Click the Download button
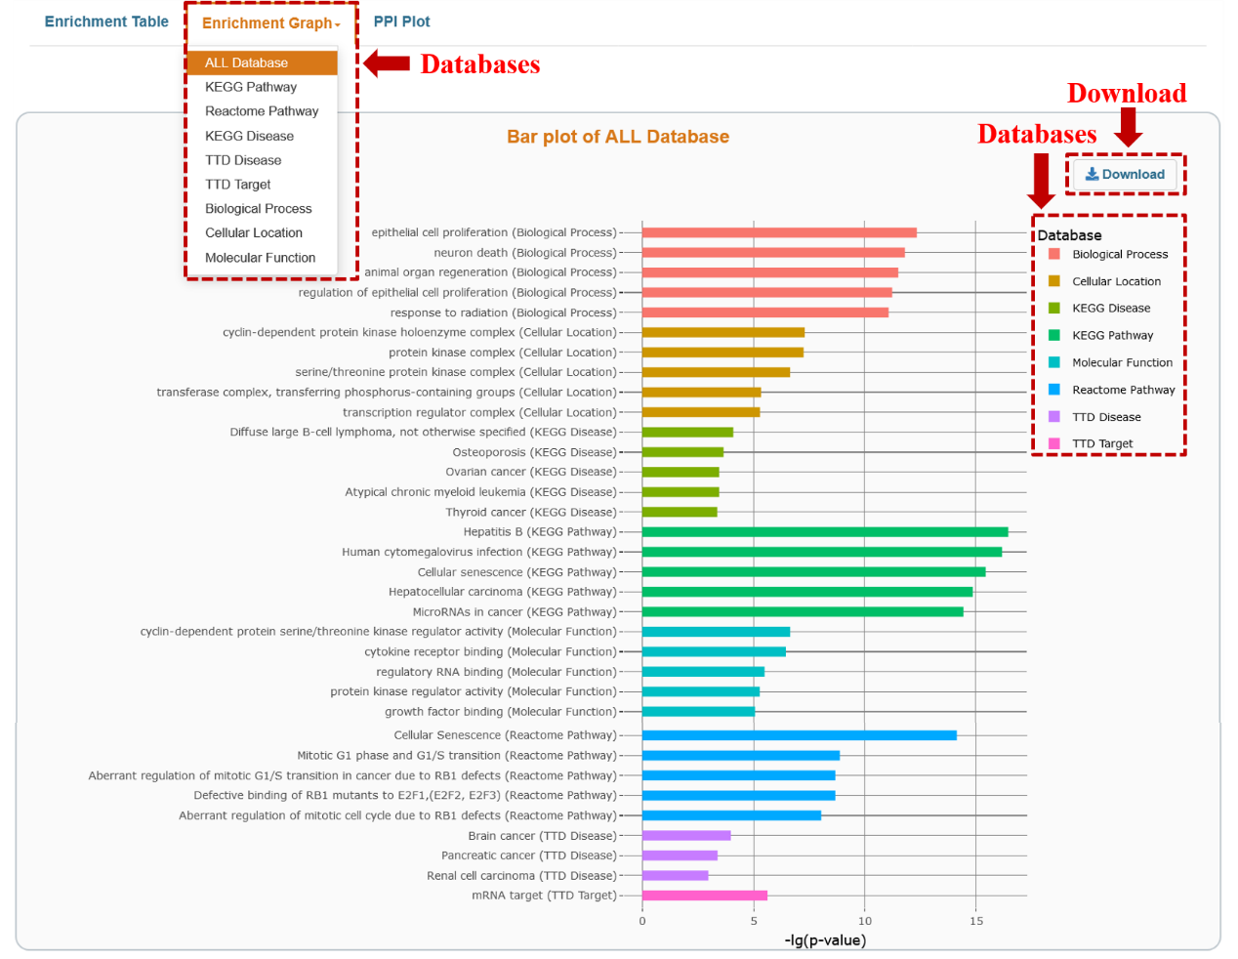click(1125, 175)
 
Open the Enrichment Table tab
click(106, 21)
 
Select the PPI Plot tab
click(401, 21)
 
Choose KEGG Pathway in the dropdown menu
click(251, 87)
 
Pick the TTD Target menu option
click(238, 185)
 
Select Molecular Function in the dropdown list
click(260, 258)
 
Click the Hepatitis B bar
click(824, 532)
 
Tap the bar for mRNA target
click(704, 896)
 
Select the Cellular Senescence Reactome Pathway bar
click(799, 735)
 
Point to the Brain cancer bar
click(685, 836)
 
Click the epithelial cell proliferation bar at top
click(779, 232)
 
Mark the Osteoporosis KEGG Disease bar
click(682, 452)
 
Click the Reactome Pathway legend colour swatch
click(1054, 390)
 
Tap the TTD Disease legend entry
click(1106, 417)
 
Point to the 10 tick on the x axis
click(864, 921)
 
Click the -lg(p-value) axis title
click(825, 940)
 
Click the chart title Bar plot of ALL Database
click(617, 137)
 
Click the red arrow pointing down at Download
click(1129, 127)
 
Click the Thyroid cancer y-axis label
click(530, 513)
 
